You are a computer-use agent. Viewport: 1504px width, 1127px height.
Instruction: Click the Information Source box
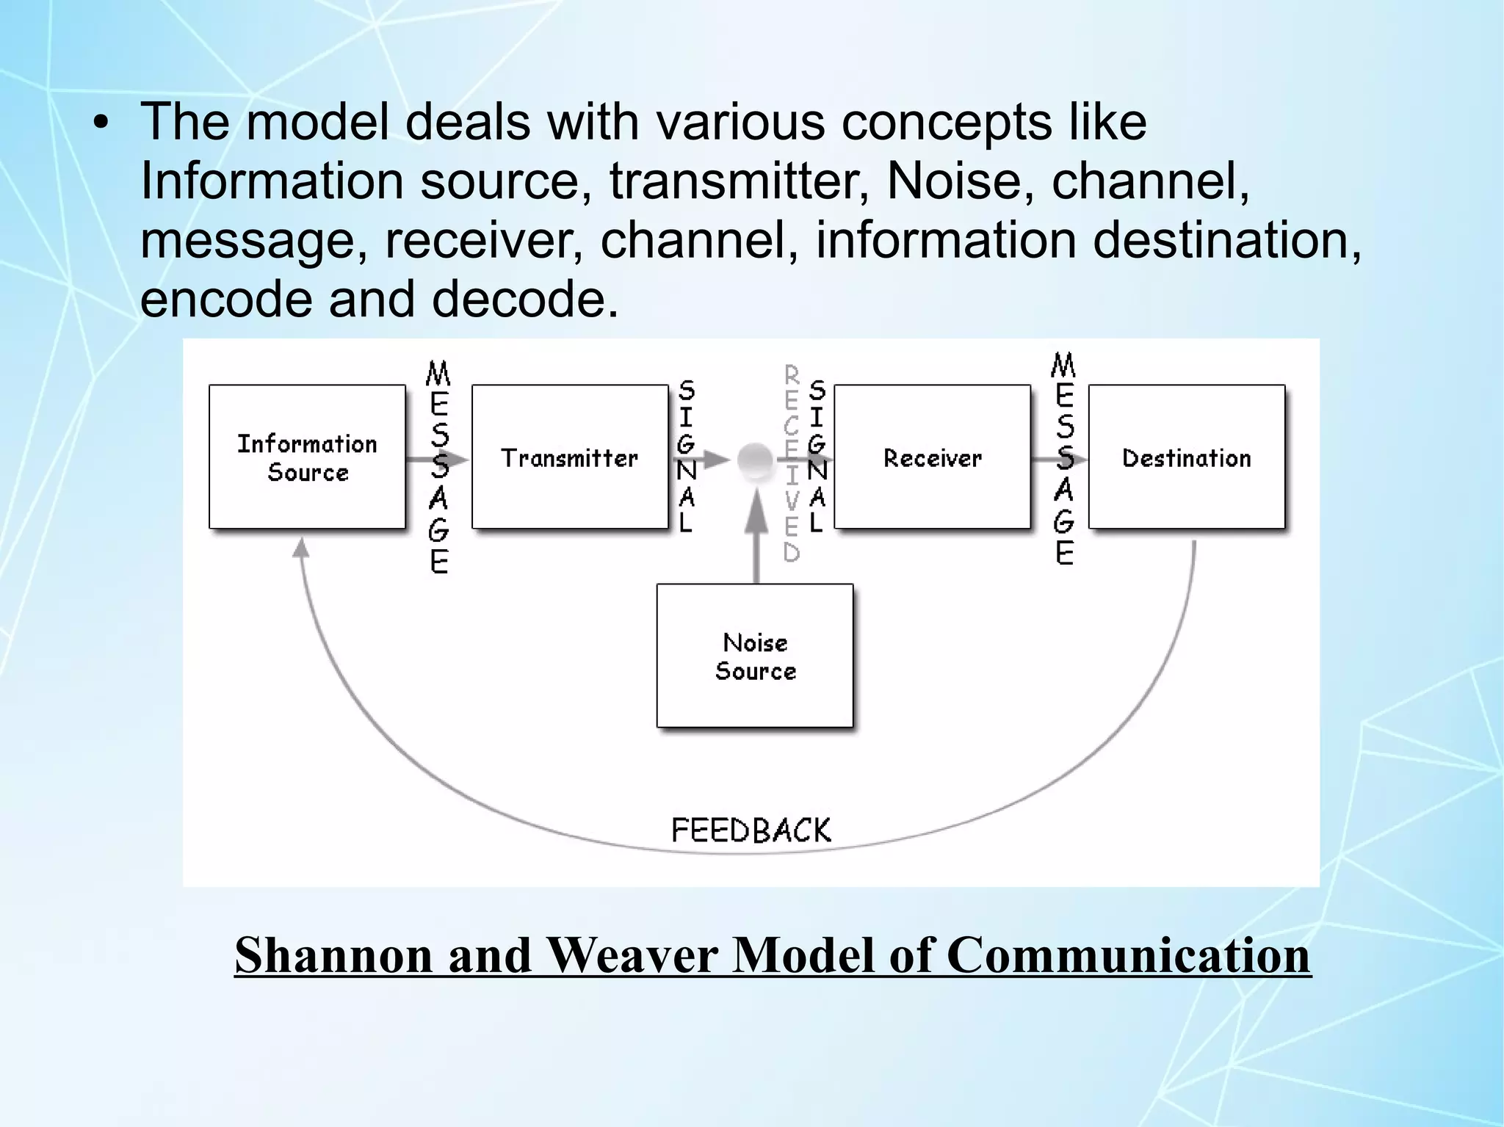coord(307,457)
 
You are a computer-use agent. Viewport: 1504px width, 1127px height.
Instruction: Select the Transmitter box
coord(570,457)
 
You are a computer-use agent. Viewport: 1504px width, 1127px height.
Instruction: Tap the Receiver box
coord(932,457)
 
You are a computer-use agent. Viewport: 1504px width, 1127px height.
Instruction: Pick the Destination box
coord(1186,457)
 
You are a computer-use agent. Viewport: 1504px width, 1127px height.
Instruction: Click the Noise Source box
coord(755,656)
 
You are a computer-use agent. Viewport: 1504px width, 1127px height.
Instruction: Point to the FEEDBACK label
coord(751,830)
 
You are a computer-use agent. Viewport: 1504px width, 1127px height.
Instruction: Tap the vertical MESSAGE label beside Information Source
coord(438,467)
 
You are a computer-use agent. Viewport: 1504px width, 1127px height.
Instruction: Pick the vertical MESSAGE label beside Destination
coord(1064,459)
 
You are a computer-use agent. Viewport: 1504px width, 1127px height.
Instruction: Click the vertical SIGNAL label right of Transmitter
coord(686,456)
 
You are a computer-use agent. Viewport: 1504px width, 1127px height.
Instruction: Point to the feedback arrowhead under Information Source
coord(300,548)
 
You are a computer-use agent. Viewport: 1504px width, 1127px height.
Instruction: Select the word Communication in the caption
coord(1128,955)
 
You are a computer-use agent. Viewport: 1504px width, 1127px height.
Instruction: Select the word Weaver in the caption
coord(631,955)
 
